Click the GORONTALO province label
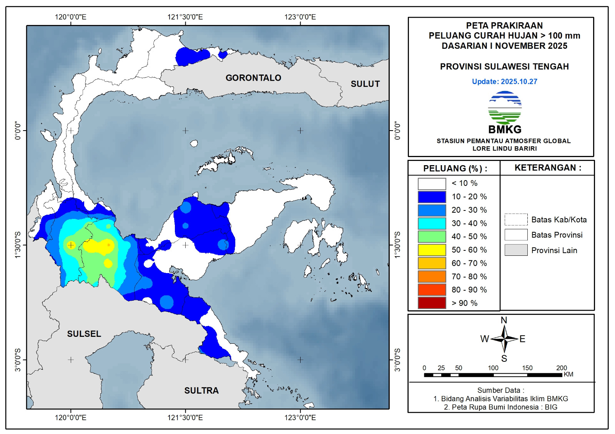click(253, 78)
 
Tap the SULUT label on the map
click(365, 84)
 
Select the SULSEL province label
click(84, 334)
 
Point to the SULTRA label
click(201, 391)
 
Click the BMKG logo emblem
click(505, 108)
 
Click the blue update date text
click(504, 81)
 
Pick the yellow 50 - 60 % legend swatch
click(432, 250)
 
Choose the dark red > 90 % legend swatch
click(432, 303)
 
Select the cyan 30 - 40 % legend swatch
click(432, 223)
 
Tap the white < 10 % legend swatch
click(432, 184)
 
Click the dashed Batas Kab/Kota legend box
click(516, 220)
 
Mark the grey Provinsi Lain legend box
click(516, 250)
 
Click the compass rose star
click(504, 339)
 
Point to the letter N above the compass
click(504, 320)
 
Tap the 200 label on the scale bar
click(561, 368)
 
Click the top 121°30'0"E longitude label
click(185, 17)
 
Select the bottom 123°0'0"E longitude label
click(300, 417)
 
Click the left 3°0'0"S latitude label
click(18, 360)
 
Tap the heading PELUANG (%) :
click(455, 169)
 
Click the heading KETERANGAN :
click(548, 168)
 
